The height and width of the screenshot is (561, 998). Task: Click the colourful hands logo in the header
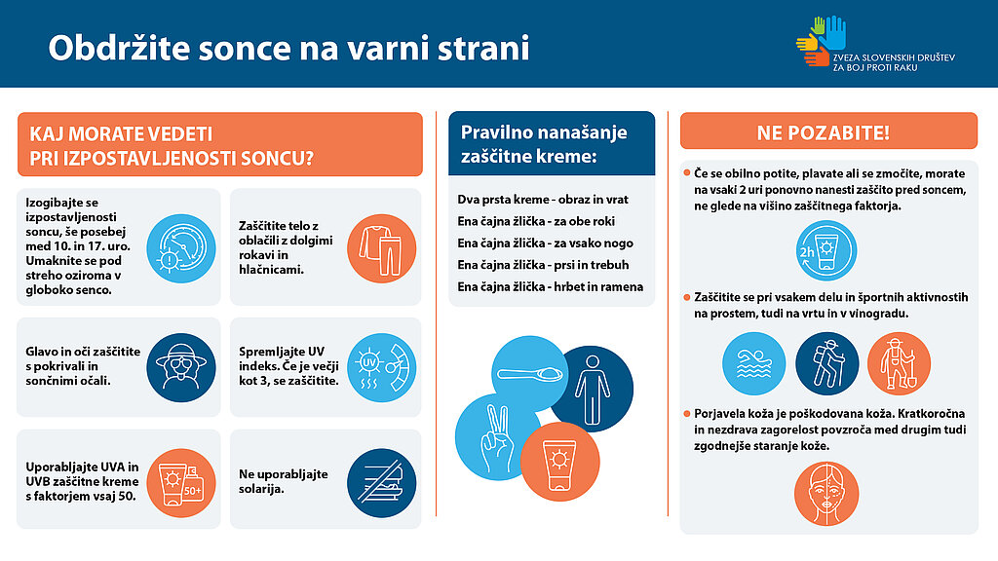[821, 41]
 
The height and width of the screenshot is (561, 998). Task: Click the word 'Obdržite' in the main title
[120, 48]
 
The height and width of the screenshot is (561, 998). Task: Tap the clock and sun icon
[181, 248]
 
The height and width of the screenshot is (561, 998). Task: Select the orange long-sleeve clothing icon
[382, 248]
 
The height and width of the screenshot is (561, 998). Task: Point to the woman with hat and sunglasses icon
[181, 367]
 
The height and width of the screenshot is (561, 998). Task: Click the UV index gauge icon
[382, 367]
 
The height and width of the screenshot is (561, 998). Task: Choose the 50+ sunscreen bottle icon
[181, 482]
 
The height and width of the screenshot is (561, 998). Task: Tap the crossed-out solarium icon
[382, 482]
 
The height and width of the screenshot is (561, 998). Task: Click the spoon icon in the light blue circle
[529, 374]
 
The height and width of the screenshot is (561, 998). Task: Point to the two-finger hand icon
[496, 437]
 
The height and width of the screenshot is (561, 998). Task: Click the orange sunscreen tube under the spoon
[560, 462]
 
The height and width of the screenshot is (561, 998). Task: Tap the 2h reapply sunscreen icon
[826, 250]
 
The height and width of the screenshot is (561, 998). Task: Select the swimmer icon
[754, 364]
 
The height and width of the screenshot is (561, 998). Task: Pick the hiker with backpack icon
[827, 364]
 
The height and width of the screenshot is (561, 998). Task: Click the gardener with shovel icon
[899, 364]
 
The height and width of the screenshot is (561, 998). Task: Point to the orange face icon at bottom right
[826, 494]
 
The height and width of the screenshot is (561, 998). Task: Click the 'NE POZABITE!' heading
[823, 132]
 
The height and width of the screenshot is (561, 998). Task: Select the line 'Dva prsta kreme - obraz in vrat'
[543, 199]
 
